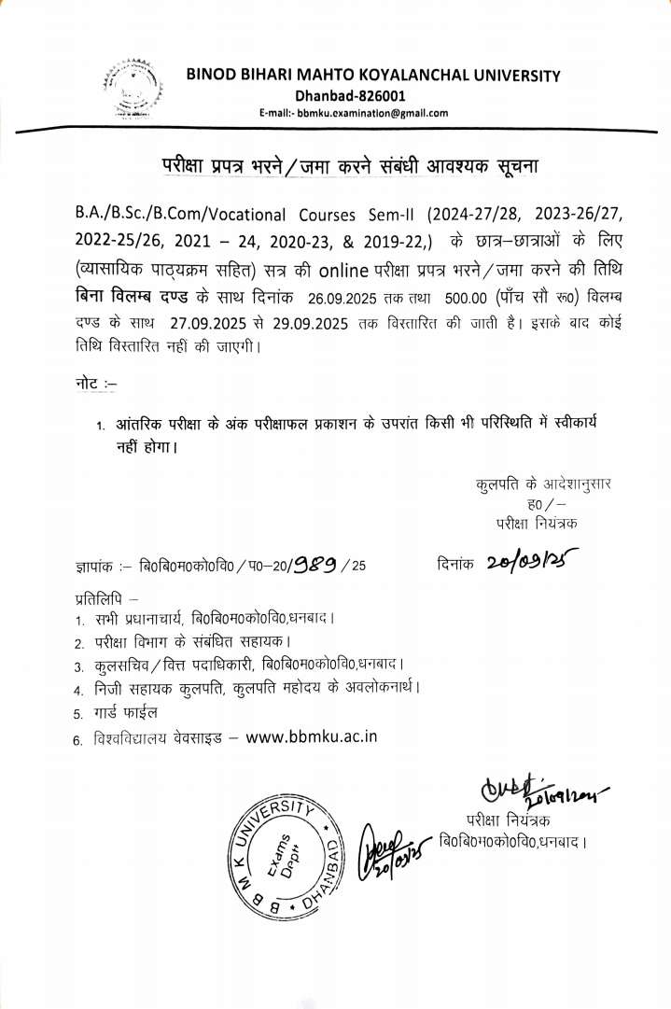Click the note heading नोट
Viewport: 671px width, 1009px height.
point(94,384)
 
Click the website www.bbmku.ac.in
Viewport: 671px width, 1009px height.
point(312,736)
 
